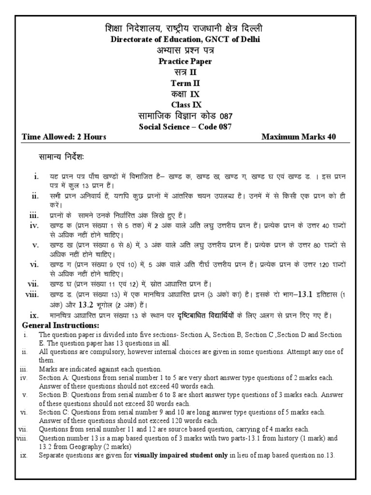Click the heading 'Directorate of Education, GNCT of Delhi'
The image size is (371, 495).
185,40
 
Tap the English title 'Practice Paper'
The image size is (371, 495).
185,61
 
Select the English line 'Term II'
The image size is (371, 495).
185,83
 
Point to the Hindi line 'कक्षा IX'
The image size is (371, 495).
185,94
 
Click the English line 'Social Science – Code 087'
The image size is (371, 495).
185,127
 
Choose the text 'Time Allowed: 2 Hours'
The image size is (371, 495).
64,137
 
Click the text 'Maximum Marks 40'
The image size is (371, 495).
299,137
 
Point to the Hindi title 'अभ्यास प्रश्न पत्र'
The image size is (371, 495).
185,50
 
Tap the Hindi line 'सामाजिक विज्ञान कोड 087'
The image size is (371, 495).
185,116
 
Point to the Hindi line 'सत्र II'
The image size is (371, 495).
185,72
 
